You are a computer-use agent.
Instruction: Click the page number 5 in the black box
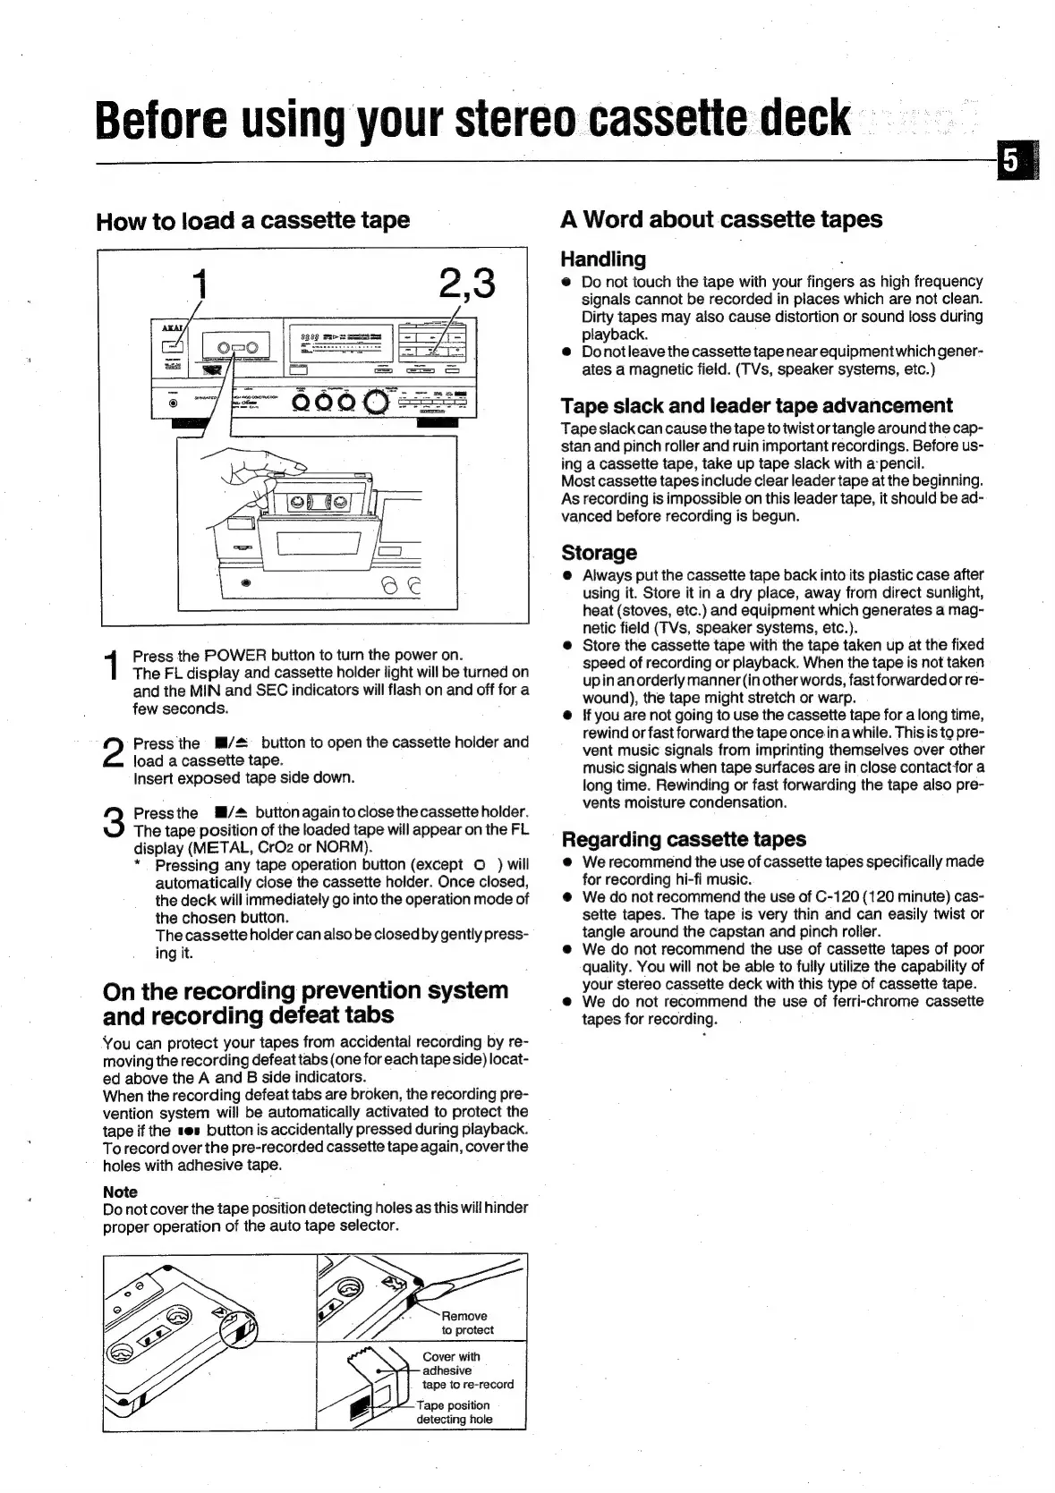click(1010, 161)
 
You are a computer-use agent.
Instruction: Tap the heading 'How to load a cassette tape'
click(252, 220)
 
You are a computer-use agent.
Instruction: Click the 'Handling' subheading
click(602, 259)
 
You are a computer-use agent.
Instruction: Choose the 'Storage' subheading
click(599, 553)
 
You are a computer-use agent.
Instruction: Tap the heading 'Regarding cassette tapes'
click(683, 839)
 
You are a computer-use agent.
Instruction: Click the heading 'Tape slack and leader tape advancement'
click(756, 405)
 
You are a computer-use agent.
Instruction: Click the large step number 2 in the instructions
click(113, 751)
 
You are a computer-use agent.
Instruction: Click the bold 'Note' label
click(120, 1192)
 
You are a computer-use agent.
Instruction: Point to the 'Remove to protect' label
click(465, 1323)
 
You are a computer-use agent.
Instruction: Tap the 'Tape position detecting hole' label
click(454, 1412)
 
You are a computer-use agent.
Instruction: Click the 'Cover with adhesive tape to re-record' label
click(467, 1370)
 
